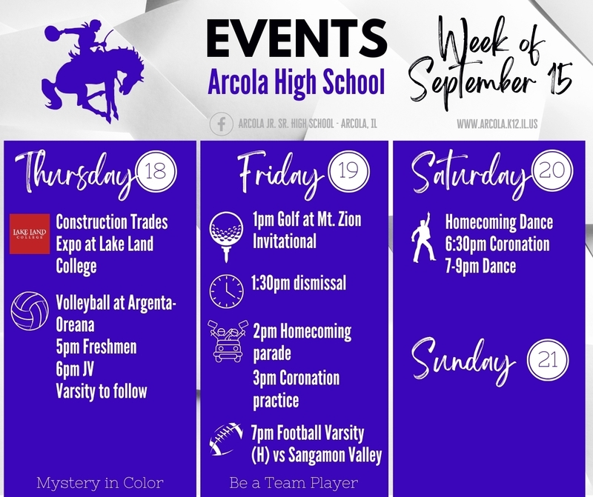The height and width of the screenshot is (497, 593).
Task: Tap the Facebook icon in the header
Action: pyautogui.click(x=221, y=124)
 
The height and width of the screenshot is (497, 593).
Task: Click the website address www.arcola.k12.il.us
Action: pyautogui.click(x=497, y=124)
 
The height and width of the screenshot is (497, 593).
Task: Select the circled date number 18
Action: pyautogui.click(x=156, y=171)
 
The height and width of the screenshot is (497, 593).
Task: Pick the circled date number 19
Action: pyautogui.click(x=348, y=171)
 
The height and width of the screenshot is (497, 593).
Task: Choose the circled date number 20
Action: pyautogui.click(x=551, y=171)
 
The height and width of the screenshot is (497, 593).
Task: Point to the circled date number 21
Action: pyautogui.click(x=548, y=359)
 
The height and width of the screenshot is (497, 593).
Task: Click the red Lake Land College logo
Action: pyautogui.click(x=30, y=233)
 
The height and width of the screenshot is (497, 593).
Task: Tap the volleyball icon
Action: pyautogui.click(x=30, y=310)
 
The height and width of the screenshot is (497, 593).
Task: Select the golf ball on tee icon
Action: pyautogui.click(x=226, y=236)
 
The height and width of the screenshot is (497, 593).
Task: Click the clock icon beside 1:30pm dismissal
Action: pyautogui.click(x=227, y=291)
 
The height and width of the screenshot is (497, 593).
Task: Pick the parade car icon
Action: pyautogui.click(x=228, y=341)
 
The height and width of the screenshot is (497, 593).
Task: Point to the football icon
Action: pyautogui.click(x=226, y=438)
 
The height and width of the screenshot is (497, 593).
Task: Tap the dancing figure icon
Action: pyautogui.click(x=423, y=237)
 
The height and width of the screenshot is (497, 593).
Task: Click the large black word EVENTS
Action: pyautogui.click(x=296, y=39)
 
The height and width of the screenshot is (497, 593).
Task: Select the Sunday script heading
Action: pyautogui.click(x=463, y=360)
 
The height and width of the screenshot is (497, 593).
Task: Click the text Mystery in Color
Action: pyautogui.click(x=100, y=483)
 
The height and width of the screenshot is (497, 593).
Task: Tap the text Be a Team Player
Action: pyautogui.click(x=294, y=483)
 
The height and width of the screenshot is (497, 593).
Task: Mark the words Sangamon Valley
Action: pyautogui.click(x=335, y=456)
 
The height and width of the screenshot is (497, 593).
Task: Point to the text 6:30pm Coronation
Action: pyautogui.click(x=497, y=244)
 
